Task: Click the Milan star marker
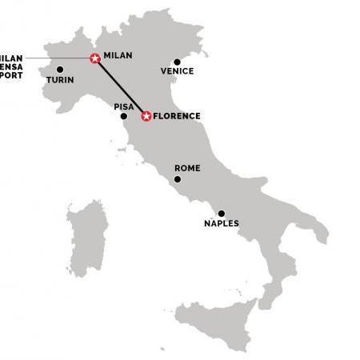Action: click(95, 58)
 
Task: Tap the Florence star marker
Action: click(146, 116)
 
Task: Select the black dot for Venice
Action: click(178, 61)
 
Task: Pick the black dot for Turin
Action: click(60, 70)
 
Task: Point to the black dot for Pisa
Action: click(123, 116)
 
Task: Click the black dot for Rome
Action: click(178, 178)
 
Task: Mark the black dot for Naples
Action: click(222, 214)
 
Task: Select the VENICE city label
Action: click(177, 71)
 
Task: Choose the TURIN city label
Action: click(60, 80)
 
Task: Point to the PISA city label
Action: click(123, 105)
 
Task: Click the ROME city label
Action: click(187, 168)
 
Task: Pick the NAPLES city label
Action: click(222, 224)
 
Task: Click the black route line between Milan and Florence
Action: click(120, 86)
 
